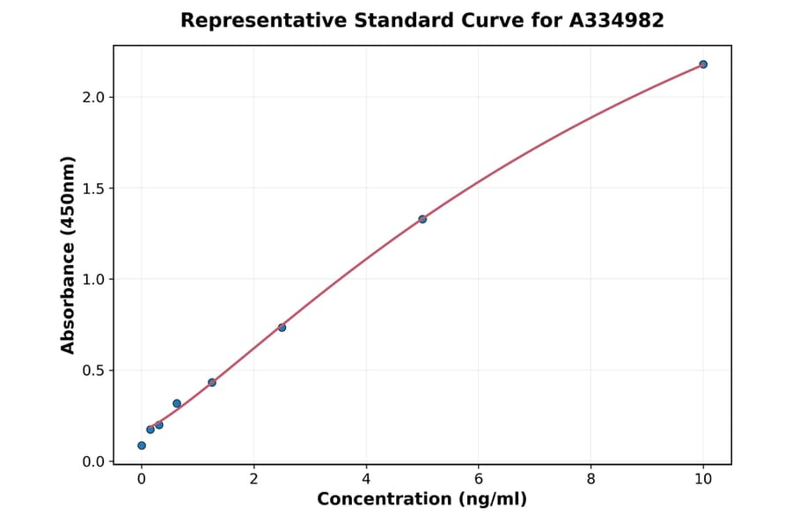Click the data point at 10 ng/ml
click(703, 64)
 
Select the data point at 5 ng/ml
click(422, 219)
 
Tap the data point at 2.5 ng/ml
click(282, 328)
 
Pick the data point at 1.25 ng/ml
click(212, 382)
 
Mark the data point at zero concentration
click(142, 446)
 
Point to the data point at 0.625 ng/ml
click(177, 403)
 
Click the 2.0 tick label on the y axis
click(93, 97)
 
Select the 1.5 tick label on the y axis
click(93, 188)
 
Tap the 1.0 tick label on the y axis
click(93, 279)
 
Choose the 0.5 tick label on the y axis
click(93, 371)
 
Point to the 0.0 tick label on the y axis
click(93, 461)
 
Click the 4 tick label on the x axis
click(366, 479)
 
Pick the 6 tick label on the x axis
click(479, 479)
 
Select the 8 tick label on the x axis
click(590, 479)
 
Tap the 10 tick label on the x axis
click(703, 479)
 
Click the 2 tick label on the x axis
click(254, 479)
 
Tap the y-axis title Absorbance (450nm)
click(69, 254)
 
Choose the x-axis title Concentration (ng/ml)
click(422, 499)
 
